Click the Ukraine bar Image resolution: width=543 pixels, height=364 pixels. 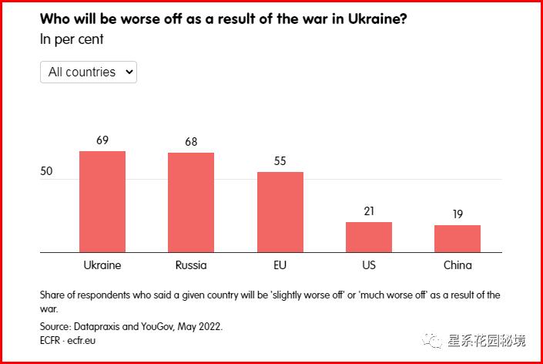tap(102, 201)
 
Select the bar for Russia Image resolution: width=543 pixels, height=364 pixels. tap(191, 202)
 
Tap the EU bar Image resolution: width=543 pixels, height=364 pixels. tap(280, 212)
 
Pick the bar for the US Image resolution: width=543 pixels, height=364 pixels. tap(369, 237)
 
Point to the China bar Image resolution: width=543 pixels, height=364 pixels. tap(458, 238)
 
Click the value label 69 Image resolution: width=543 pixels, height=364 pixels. tap(102, 140)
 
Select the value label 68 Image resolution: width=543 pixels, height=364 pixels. tap(191, 142)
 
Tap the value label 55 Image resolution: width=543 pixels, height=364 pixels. tap(280, 161)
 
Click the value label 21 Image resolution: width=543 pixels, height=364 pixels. tap(369, 211)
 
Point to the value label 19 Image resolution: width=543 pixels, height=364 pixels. tap(458, 214)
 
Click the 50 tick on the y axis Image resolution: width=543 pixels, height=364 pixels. tap(46, 171)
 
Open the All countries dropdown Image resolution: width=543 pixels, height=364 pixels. tap(89, 72)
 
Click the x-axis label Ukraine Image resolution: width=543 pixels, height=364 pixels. tap(102, 265)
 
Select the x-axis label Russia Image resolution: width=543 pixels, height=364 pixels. tap(191, 265)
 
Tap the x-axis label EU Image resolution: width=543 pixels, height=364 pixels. tap(280, 265)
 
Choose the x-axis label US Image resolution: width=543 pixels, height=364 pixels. tap(369, 265)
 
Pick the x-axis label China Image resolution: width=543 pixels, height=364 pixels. tap(458, 265)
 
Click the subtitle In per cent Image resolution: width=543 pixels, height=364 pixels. tap(72, 39)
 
